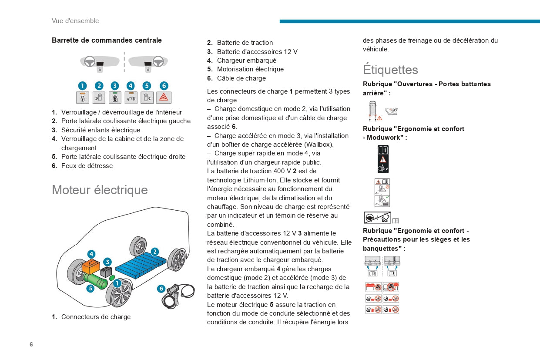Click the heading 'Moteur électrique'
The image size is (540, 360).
[100, 190]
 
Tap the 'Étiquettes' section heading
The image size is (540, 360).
[390, 70]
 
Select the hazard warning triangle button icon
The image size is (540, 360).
[164, 98]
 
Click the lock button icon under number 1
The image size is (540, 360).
[82, 98]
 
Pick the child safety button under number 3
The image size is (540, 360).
[115, 98]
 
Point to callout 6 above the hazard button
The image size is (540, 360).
[164, 86]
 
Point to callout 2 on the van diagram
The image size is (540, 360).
[155, 252]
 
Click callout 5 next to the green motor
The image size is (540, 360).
[91, 288]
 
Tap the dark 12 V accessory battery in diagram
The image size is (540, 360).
[106, 272]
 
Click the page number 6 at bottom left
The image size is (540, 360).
[31, 344]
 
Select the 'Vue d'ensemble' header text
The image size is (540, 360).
[75, 21]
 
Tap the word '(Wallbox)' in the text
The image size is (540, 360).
[319, 144]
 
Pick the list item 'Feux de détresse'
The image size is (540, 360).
[87, 165]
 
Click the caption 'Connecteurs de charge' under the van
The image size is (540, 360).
[96, 316]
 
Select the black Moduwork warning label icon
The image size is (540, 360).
[383, 159]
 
